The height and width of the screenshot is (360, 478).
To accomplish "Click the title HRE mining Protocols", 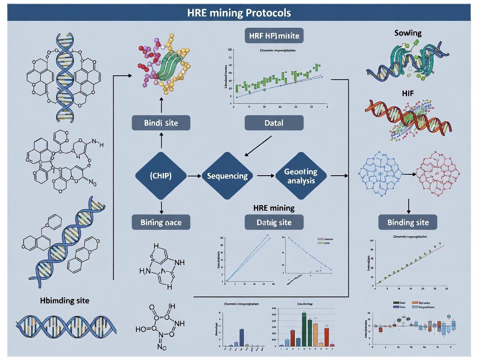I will click(x=239, y=13).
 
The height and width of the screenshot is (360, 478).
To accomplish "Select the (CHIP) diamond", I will click(x=161, y=176).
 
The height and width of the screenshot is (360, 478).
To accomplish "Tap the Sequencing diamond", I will click(x=227, y=176).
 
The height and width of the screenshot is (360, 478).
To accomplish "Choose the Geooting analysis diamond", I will click(x=300, y=176).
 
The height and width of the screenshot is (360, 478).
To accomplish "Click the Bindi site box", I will click(x=161, y=122).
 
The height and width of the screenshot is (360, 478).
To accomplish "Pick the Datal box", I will click(x=274, y=122).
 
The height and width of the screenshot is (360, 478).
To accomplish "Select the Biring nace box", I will click(x=161, y=222).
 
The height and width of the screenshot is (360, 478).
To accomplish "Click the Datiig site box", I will click(x=274, y=222).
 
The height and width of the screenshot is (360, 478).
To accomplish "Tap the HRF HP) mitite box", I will click(x=274, y=36).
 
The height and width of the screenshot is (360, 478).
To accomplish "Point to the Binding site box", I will click(x=408, y=222).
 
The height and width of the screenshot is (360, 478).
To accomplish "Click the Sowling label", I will click(x=408, y=33).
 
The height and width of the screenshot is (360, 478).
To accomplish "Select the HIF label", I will click(x=408, y=93).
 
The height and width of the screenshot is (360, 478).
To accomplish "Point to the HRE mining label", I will click(x=274, y=208).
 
